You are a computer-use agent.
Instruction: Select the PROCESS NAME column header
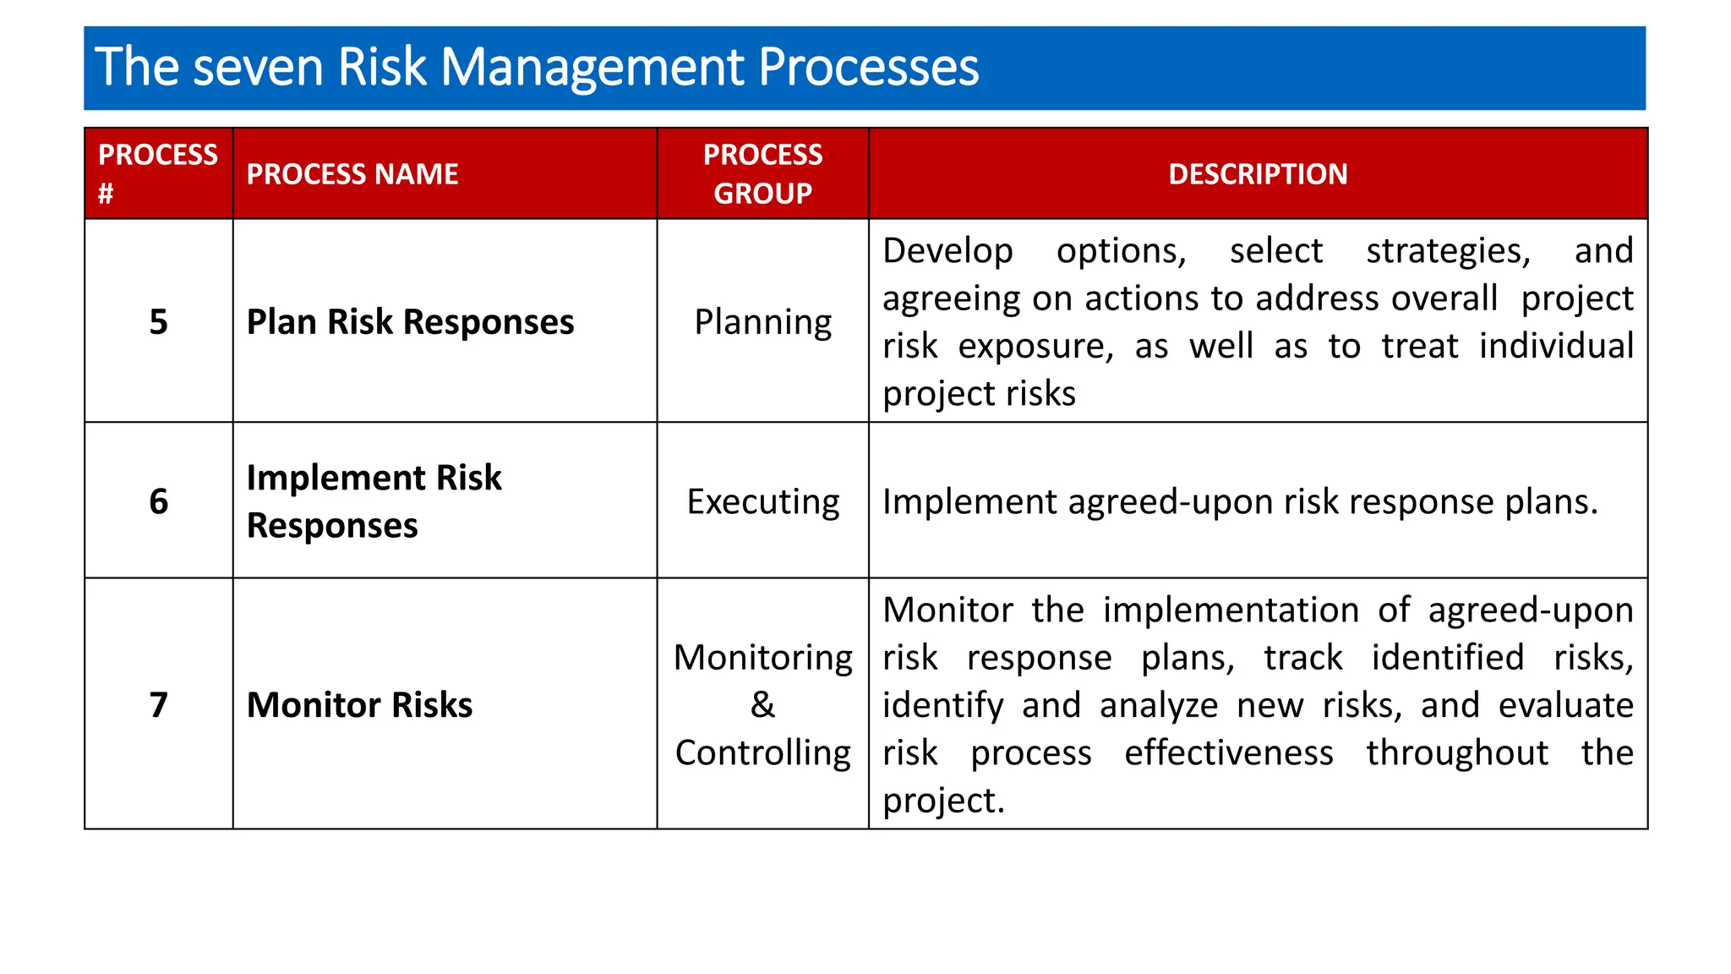click(352, 174)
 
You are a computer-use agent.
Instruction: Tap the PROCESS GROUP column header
click(762, 173)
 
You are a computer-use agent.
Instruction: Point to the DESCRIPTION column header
click(1257, 174)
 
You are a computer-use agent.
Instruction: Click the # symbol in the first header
click(106, 194)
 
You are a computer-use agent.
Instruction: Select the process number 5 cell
click(158, 322)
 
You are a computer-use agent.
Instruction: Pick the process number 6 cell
click(158, 501)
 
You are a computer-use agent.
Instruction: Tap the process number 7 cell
click(158, 704)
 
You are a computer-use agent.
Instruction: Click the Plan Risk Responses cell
click(410, 322)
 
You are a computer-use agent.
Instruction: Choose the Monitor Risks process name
click(359, 704)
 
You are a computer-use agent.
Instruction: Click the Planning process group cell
click(762, 322)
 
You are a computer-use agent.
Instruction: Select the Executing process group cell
click(762, 501)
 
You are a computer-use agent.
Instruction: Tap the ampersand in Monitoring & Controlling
click(762, 704)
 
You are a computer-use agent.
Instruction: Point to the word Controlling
click(762, 752)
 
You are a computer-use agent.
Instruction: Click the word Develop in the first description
click(947, 251)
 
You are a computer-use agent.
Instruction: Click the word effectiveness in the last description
click(1228, 752)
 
